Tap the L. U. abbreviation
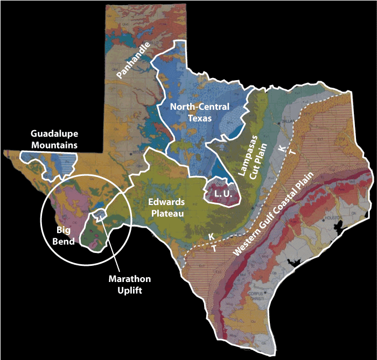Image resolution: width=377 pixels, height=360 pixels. [x=223, y=192]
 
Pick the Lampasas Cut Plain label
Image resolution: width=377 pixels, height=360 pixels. [x=248, y=156]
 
